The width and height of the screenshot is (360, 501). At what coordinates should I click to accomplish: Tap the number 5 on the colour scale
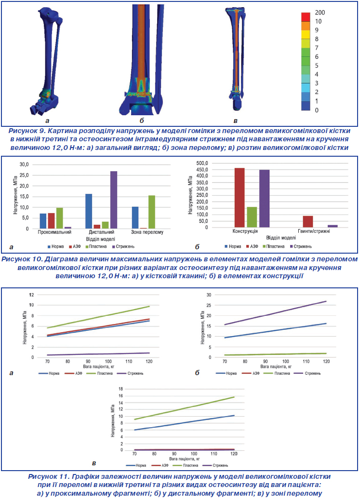[316, 66]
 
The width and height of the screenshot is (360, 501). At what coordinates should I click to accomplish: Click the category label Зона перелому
[147, 232]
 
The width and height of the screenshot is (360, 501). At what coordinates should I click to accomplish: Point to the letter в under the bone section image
[235, 121]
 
